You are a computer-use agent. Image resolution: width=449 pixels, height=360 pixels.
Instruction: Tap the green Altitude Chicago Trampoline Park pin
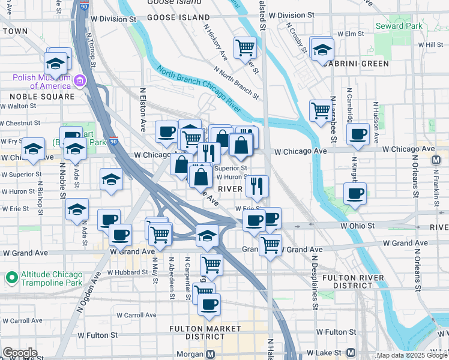tap(10, 278)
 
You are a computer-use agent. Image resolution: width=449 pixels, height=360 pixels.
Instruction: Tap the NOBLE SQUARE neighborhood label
tap(41, 97)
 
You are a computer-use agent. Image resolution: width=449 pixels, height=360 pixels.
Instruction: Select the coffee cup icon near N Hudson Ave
tap(358, 135)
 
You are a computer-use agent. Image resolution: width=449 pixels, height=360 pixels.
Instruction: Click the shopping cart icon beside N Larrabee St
tap(321, 110)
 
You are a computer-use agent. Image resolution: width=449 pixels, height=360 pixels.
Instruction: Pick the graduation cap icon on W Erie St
tap(77, 210)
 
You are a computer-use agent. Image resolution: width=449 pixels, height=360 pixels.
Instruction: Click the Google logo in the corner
tap(20, 353)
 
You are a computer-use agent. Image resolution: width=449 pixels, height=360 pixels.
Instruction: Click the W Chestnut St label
tap(20, 123)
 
